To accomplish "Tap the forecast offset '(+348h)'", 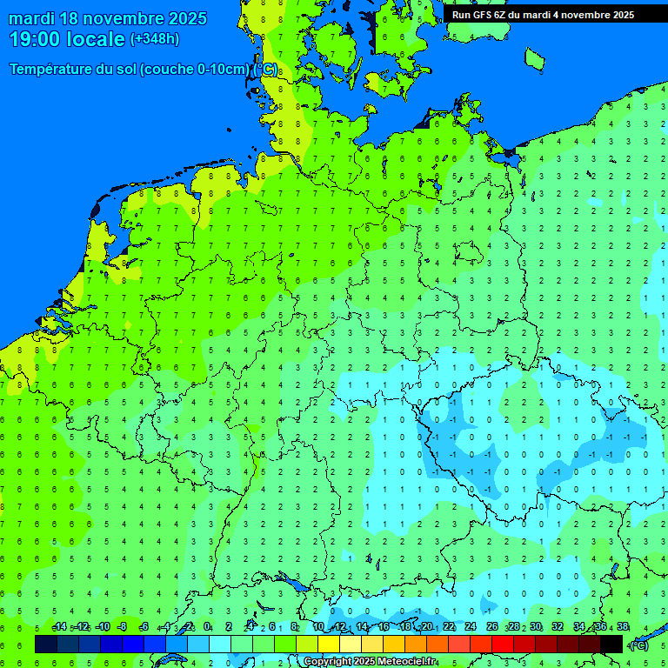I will point(154,39).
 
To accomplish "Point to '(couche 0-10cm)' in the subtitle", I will point(194,70).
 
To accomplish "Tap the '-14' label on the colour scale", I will point(58,627).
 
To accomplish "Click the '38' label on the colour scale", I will point(622,627).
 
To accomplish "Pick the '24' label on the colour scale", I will point(471,627).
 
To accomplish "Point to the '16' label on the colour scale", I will point(384,627).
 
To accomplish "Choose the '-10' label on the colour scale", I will point(102,627).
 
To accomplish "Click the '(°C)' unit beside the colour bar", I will point(639,645).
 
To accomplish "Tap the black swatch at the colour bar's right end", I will point(611,644).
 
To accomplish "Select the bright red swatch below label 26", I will point(503,644).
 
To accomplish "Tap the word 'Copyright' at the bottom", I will point(329,662).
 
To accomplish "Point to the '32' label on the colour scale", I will point(558,627).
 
